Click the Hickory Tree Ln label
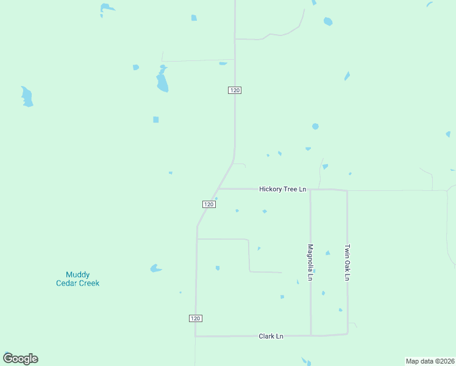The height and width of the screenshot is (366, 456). [x=282, y=189]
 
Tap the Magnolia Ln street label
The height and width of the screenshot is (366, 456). [x=310, y=262]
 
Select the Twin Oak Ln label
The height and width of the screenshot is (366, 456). [x=347, y=262]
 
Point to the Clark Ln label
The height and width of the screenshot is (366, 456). [x=271, y=336]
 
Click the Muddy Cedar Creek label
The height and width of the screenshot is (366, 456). [x=77, y=279]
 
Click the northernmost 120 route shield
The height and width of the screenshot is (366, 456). [x=235, y=90]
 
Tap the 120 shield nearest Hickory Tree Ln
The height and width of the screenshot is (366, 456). [x=208, y=204]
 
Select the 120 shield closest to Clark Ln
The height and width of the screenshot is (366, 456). [x=195, y=318]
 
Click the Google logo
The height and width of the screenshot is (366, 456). [x=20, y=359]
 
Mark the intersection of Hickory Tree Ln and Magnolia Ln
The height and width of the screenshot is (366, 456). [x=310, y=189]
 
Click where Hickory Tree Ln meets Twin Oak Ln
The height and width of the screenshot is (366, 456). [x=347, y=190]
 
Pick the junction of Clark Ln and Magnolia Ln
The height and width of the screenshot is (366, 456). [x=311, y=335]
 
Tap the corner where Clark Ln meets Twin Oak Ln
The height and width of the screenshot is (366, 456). [x=347, y=334]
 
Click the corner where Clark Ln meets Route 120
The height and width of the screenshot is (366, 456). [x=195, y=336]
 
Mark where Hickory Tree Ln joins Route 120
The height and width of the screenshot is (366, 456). [x=218, y=188]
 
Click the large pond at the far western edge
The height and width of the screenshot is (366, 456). [x=27, y=96]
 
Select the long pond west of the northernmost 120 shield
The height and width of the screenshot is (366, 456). [x=162, y=79]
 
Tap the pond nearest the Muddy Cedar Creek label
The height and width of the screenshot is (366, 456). [x=155, y=268]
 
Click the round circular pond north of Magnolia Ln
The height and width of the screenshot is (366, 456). [x=315, y=126]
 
